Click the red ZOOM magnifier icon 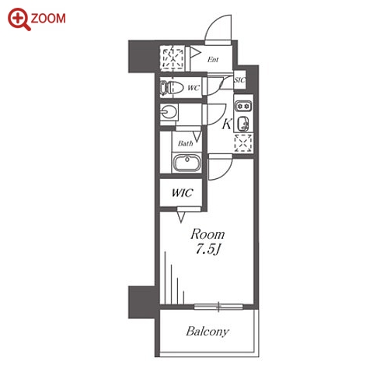tap(19, 19)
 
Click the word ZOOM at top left tap(48, 19)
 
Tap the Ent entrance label tap(213, 60)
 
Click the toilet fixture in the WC tap(169, 87)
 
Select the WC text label tap(193, 88)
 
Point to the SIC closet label tap(239, 80)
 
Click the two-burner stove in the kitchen tap(243, 106)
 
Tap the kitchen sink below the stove tap(243, 124)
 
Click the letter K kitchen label tap(226, 124)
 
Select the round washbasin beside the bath tap(169, 112)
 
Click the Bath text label tap(185, 143)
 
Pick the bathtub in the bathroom tap(187, 163)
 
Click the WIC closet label tap(182, 193)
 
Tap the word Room tap(207, 234)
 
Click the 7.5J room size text tap(207, 250)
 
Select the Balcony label tap(207, 332)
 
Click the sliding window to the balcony tap(218, 307)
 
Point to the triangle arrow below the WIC tap(181, 217)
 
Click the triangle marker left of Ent tap(195, 53)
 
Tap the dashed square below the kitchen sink tap(243, 143)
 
